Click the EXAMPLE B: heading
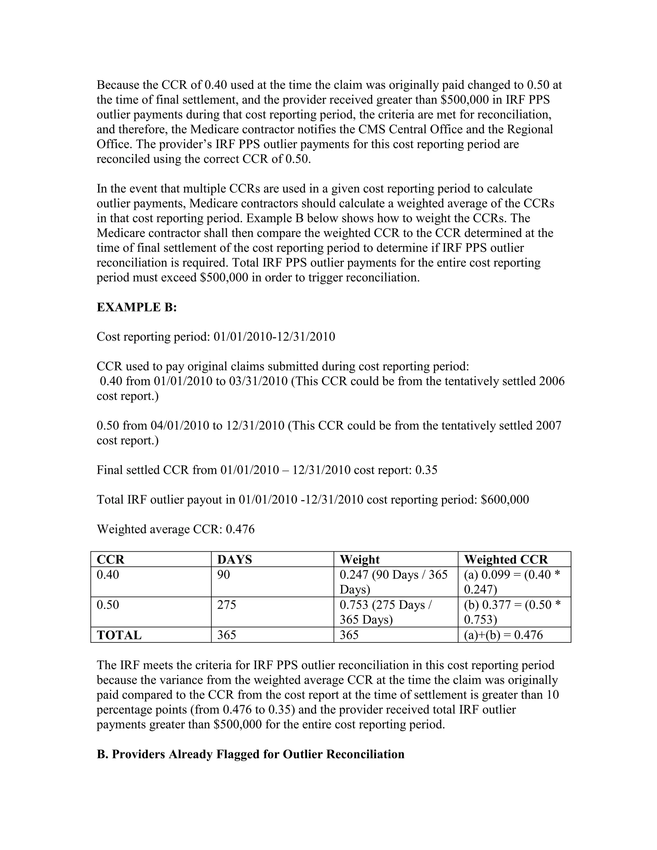pos(137,308)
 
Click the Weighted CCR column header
pos(506,560)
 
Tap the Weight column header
pos(360,560)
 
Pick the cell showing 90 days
pos(224,575)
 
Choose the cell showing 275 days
pos(226,605)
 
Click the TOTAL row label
pos(119,635)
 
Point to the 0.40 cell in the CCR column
pos(108,575)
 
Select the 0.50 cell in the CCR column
pos(108,605)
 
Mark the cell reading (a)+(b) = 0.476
pos(503,635)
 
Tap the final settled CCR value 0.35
pos(426,470)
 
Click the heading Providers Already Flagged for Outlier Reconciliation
pos(251,754)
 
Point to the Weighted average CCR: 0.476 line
pos(175,529)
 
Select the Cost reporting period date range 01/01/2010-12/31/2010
pos(274,337)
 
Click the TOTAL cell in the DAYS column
pos(226,635)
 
